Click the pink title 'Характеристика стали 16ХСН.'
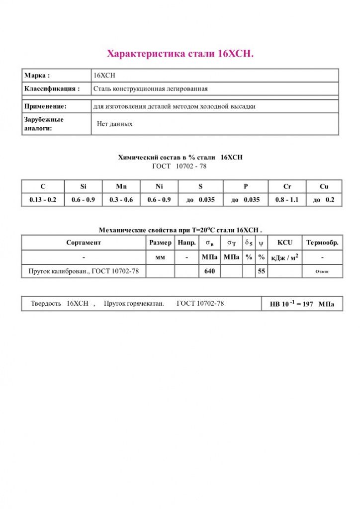click(x=180, y=54)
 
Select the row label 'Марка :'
click(x=37, y=76)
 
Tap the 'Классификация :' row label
click(x=52, y=89)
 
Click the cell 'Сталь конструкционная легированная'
click(x=150, y=89)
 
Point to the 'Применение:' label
click(x=45, y=106)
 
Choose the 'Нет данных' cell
click(x=114, y=124)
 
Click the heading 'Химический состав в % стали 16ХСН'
click(x=180, y=157)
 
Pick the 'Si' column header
click(x=83, y=186)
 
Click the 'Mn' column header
click(x=121, y=186)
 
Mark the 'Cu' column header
click(x=324, y=186)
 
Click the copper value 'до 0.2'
click(x=324, y=200)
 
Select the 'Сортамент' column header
click(x=84, y=243)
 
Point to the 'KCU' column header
click(x=285, y=243)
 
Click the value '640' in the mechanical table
click(x=209, y=271)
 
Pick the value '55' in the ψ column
click(x=261, y=271)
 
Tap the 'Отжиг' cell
click(x=322, y=272)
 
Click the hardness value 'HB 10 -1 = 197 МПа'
click(x=302, y=304)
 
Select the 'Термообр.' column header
click(x=322, y=243)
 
